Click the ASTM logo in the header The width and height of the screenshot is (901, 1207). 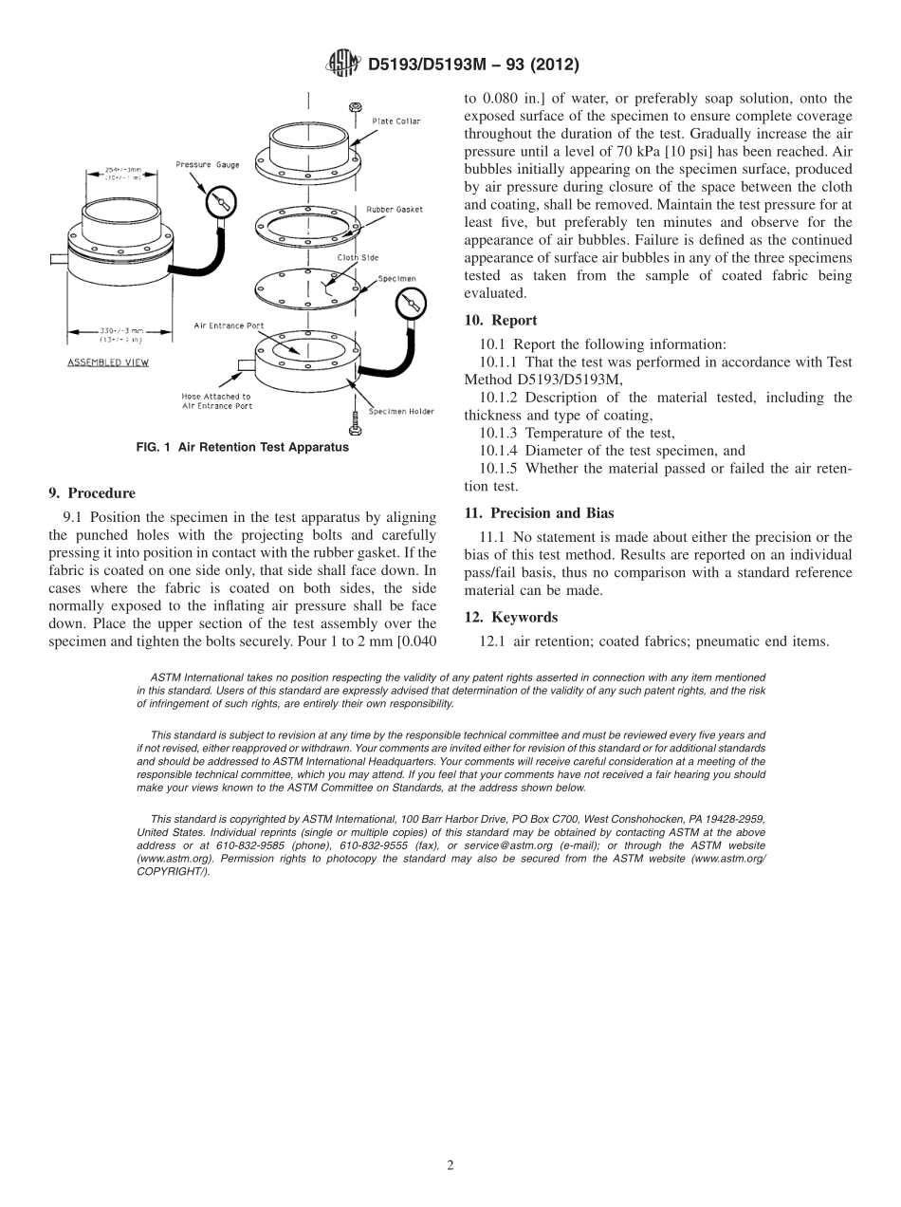pyautogui.click(x=342, y=65)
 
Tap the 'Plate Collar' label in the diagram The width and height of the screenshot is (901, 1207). pyautogui.click(x=395, y=121)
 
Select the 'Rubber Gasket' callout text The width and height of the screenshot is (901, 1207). pyautogui.click(x=395, y=209)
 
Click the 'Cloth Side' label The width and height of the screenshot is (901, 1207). pyautogui.click(x=358, y=257)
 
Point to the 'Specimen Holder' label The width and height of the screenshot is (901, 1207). pyautogui.click(x=401, y=411)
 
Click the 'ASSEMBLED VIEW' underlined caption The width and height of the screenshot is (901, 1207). pyautogui.click(x=108, y=362)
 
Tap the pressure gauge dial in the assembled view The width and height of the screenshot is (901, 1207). pyautogui.click(x=220, y=202)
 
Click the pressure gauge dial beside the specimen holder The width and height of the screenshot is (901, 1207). pyautogui.click(x=411, y=306)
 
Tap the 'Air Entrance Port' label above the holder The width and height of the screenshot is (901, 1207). pyautogui.click(x=229, y=325)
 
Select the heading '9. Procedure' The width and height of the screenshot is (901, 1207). pyautogui.click(x=92, y=493)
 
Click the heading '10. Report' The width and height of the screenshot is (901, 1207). pyautogui.click(x=501, y=321)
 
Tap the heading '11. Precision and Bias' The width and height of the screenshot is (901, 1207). pyautogui.click(x=539, y=513)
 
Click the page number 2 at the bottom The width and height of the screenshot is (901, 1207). pyautogui.click(x=450, y=1165)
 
